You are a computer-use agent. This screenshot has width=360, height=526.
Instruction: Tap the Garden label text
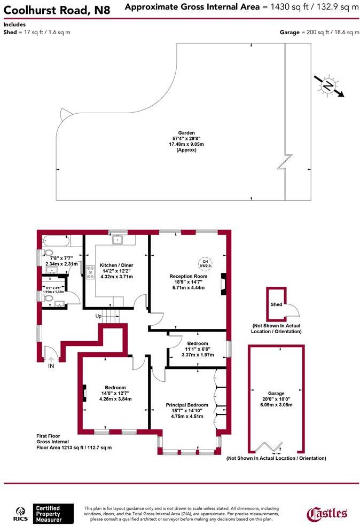click(x=186, y=133)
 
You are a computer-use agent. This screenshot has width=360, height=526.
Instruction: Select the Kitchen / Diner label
click(x=116, y=265)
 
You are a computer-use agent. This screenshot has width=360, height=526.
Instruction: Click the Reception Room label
click(x=188, y=276)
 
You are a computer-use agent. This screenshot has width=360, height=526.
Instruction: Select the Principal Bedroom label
click(x=187, y=405)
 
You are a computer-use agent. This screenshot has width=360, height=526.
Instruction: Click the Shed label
click(x=276, y=304)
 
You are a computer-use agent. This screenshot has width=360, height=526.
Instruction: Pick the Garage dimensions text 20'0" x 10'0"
click(x=276, y=397)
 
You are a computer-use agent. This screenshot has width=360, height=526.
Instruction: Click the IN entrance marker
click(x=51, y=366)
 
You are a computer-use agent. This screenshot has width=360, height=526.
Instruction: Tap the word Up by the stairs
click(x=98, y=316)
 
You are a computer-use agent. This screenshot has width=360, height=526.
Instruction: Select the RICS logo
click(x=21, y=513)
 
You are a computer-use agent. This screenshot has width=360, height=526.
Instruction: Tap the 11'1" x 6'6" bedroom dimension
click(x=198, y=349)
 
